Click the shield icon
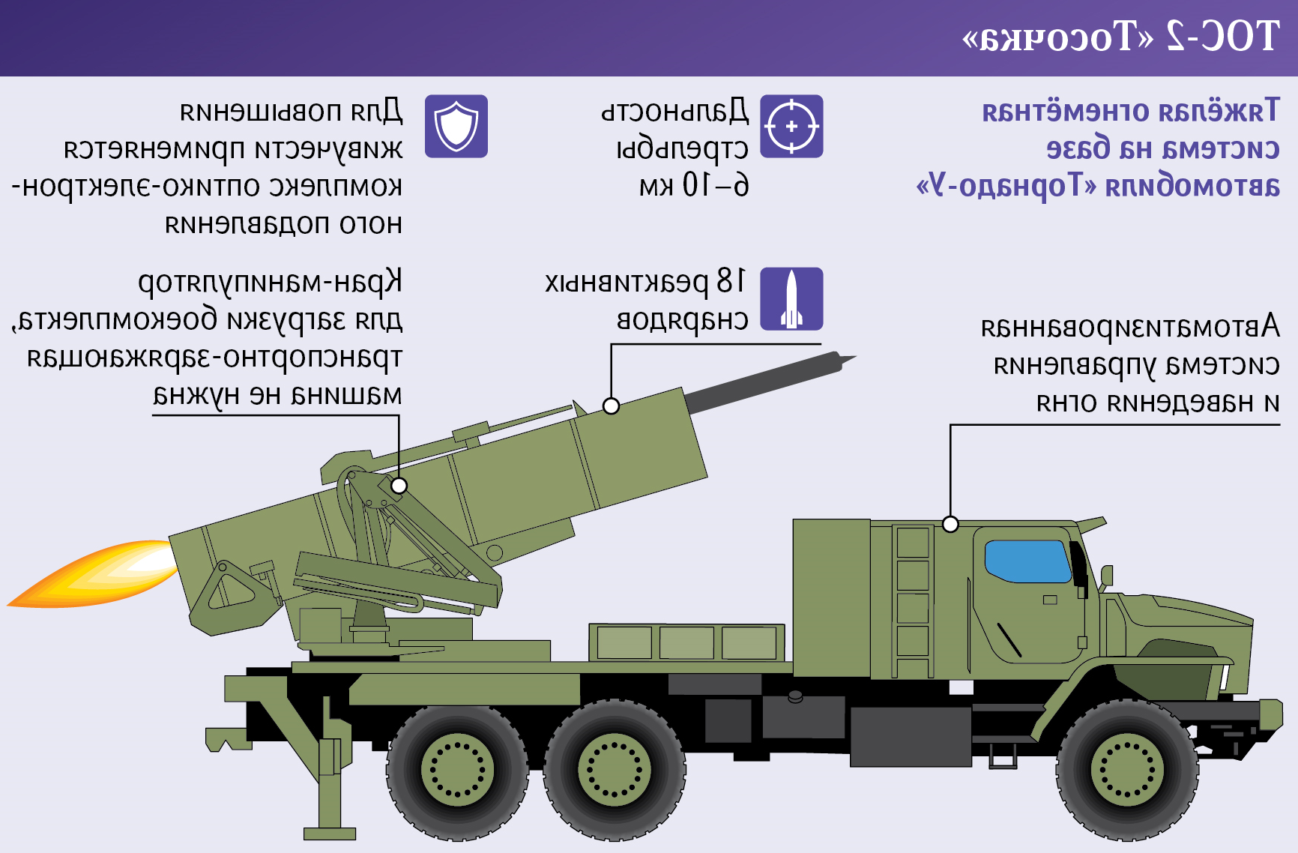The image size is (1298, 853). [x=456, y=126]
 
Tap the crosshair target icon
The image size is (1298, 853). [x=791, y=126]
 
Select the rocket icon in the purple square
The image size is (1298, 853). [x=791, y=298]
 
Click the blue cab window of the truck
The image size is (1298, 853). [x=1028, y=561]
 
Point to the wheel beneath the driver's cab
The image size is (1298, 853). [x=1126, y=770]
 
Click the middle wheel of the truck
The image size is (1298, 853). [x=615, y=770]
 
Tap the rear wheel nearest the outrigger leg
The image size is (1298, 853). [x=457, y=770]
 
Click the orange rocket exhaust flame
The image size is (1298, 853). [x=94, y=573]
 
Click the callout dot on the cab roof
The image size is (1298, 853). [x=950, y=524]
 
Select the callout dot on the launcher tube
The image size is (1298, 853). [x=611, y=406]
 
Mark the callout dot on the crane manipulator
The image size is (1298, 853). [x=399, y=486]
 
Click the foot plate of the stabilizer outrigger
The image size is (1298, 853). [x=330, y=834]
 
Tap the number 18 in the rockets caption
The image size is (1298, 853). [x=731, y=282]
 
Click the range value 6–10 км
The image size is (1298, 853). [x=694, y=185]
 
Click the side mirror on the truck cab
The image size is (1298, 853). [x=1106, y=576]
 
